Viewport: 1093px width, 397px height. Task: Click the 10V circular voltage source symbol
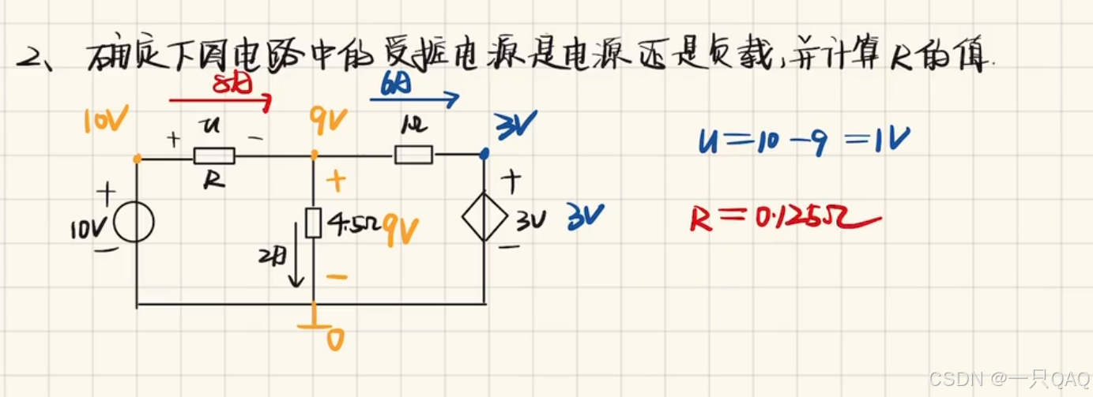[134, 223]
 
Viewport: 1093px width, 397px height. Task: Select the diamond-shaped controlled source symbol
[484, 222]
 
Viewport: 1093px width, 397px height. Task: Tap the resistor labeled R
[213, 156]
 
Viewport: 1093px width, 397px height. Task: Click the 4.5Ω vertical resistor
[313, 223]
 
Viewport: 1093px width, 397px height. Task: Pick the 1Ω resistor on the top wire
[413, 154]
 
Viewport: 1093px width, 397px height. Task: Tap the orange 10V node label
[105, 121]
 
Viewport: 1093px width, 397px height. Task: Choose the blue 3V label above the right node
[515, 124]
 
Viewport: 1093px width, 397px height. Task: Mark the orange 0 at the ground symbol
[335, 339]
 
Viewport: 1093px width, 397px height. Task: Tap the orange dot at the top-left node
[138, 159]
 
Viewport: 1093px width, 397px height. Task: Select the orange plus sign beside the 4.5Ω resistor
[336, 181]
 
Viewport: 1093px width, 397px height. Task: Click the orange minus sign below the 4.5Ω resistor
[336, 277]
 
